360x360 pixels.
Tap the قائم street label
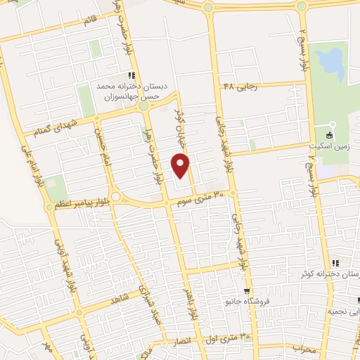coord(90,20)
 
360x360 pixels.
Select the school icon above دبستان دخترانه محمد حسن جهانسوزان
coord(131,75)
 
